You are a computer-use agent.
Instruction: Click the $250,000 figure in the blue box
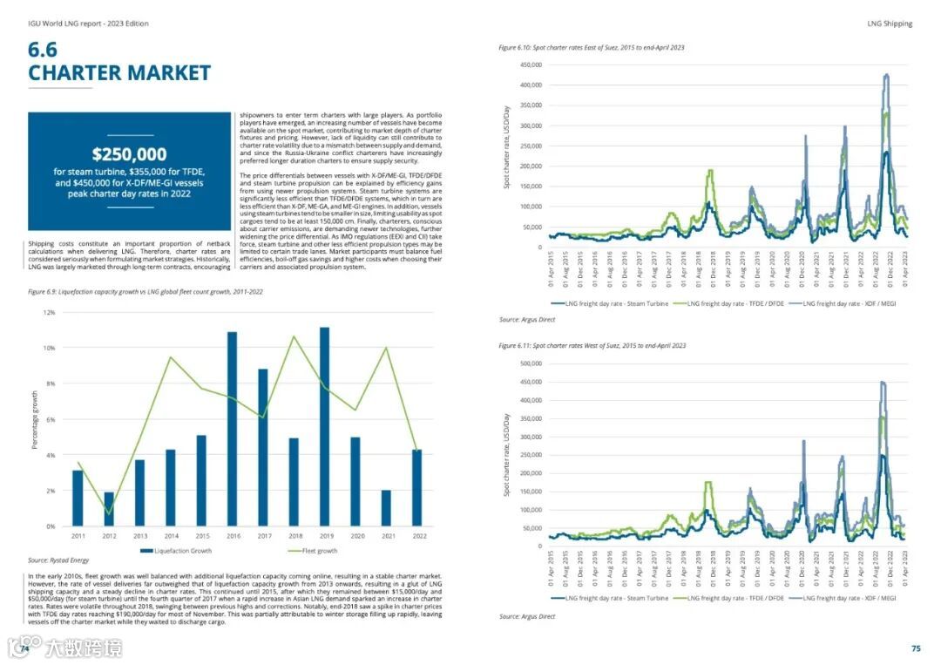[x=130, y=155]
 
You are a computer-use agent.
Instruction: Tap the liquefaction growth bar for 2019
[x=324, y=427]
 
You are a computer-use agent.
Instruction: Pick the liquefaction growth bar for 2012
[x=108, y=510]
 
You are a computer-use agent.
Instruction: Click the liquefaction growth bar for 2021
[x=386, y=508]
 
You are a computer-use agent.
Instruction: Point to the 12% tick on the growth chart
[x=49, y=312]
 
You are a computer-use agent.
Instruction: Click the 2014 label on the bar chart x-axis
[x=170, y=535]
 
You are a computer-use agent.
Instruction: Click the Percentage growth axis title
[x=35, y=420]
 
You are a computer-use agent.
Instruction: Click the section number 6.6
[x=43, y=50]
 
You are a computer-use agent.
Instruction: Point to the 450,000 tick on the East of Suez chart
[x=531, y=65]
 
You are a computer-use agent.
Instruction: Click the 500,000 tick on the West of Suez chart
[x=531, y=363]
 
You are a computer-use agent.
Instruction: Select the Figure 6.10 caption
[x=591, y=47]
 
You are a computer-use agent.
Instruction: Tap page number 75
[x=916, y=648]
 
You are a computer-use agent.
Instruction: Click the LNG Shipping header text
[x=890, y=24]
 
